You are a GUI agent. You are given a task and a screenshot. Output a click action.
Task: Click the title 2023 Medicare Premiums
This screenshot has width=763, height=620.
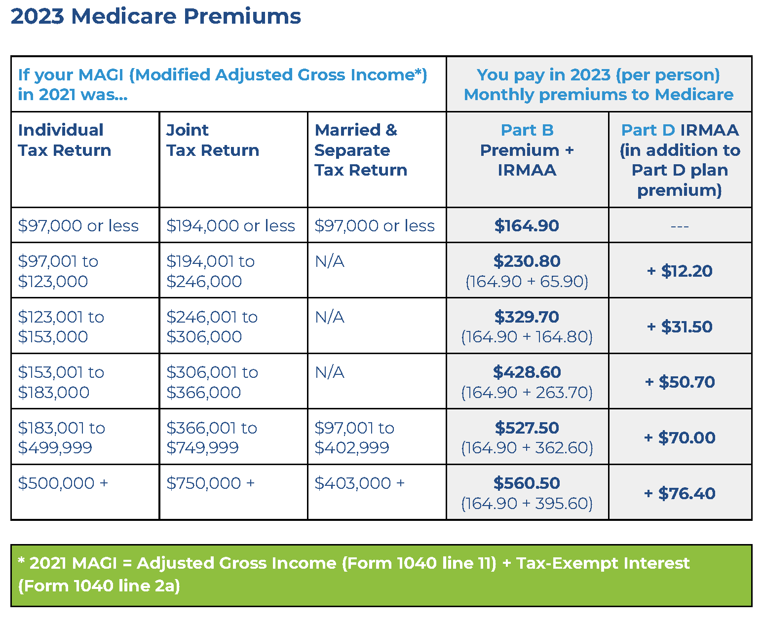155,16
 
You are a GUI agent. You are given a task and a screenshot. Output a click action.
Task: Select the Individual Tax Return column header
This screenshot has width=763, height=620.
65,140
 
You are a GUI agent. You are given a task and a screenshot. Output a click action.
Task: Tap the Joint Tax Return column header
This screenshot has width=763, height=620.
213,140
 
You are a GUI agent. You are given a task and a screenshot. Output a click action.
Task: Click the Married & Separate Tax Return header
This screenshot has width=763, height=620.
361,150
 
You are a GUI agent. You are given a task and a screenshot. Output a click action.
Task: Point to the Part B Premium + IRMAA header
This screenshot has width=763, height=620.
527,150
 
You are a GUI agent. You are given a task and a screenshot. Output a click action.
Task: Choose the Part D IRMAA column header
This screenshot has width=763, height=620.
680,160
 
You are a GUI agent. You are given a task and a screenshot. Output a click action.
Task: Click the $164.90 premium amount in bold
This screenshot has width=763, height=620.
527,225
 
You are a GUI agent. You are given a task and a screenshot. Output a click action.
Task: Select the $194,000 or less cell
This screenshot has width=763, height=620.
230,225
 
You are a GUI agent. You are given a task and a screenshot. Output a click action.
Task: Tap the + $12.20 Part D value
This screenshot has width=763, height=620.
680,271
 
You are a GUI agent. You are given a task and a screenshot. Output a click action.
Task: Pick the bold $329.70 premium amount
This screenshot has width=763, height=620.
527,317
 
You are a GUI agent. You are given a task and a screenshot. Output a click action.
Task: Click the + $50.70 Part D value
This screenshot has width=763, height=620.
680,382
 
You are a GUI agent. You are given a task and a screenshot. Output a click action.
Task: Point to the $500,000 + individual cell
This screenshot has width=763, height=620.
63,483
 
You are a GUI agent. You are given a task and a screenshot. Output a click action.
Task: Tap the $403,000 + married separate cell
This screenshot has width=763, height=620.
359,483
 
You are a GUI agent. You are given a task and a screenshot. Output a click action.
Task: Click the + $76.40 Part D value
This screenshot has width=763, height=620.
680,493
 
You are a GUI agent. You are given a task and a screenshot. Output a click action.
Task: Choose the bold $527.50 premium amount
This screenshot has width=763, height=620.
527,428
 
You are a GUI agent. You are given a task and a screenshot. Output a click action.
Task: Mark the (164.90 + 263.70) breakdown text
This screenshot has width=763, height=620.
527,393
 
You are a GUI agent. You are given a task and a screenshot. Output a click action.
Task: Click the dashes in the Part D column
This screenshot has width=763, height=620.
680,226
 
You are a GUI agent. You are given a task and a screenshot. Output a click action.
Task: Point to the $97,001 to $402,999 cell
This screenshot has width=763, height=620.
354,438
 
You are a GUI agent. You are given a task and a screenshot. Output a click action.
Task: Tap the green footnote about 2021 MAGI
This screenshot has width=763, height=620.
381,575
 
